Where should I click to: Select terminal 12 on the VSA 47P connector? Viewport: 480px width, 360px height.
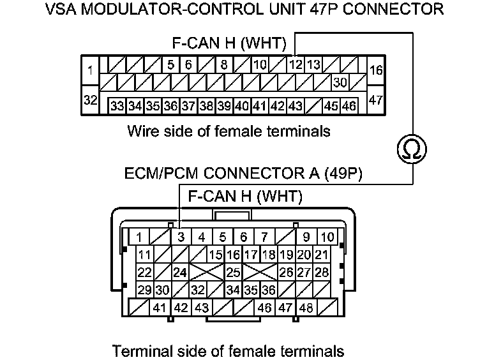coord(296,64)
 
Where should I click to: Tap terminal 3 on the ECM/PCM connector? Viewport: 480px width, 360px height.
coord(181,237)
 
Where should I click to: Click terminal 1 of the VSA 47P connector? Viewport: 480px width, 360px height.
coord(91,71)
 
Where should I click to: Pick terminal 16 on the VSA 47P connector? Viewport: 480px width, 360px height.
coord(376,70)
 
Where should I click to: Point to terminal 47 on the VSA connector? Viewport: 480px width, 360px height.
coord(376,100)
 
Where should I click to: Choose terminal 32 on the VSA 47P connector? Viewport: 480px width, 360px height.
coord(91,100)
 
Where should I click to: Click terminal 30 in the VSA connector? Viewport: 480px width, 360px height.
coord(340,82)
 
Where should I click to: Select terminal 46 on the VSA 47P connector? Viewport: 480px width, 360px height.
coord(349,106)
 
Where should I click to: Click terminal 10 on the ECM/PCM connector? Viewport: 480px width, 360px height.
coord(327,237)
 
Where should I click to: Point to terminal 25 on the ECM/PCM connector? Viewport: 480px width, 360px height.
coord(233,273)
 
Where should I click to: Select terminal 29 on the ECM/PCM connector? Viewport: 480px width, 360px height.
coord(144,290)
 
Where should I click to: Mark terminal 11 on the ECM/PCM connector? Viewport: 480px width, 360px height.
coord(144,255)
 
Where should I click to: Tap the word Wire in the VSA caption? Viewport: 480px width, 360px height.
coord(141,131)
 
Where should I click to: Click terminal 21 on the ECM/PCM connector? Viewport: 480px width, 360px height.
coord(322,255)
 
